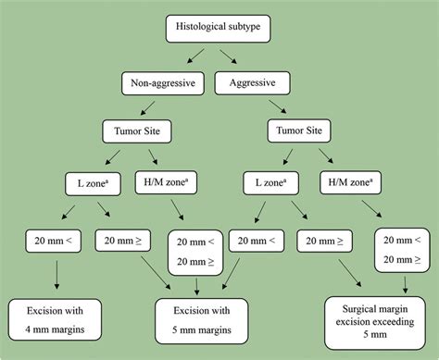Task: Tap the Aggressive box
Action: point(246,84)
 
